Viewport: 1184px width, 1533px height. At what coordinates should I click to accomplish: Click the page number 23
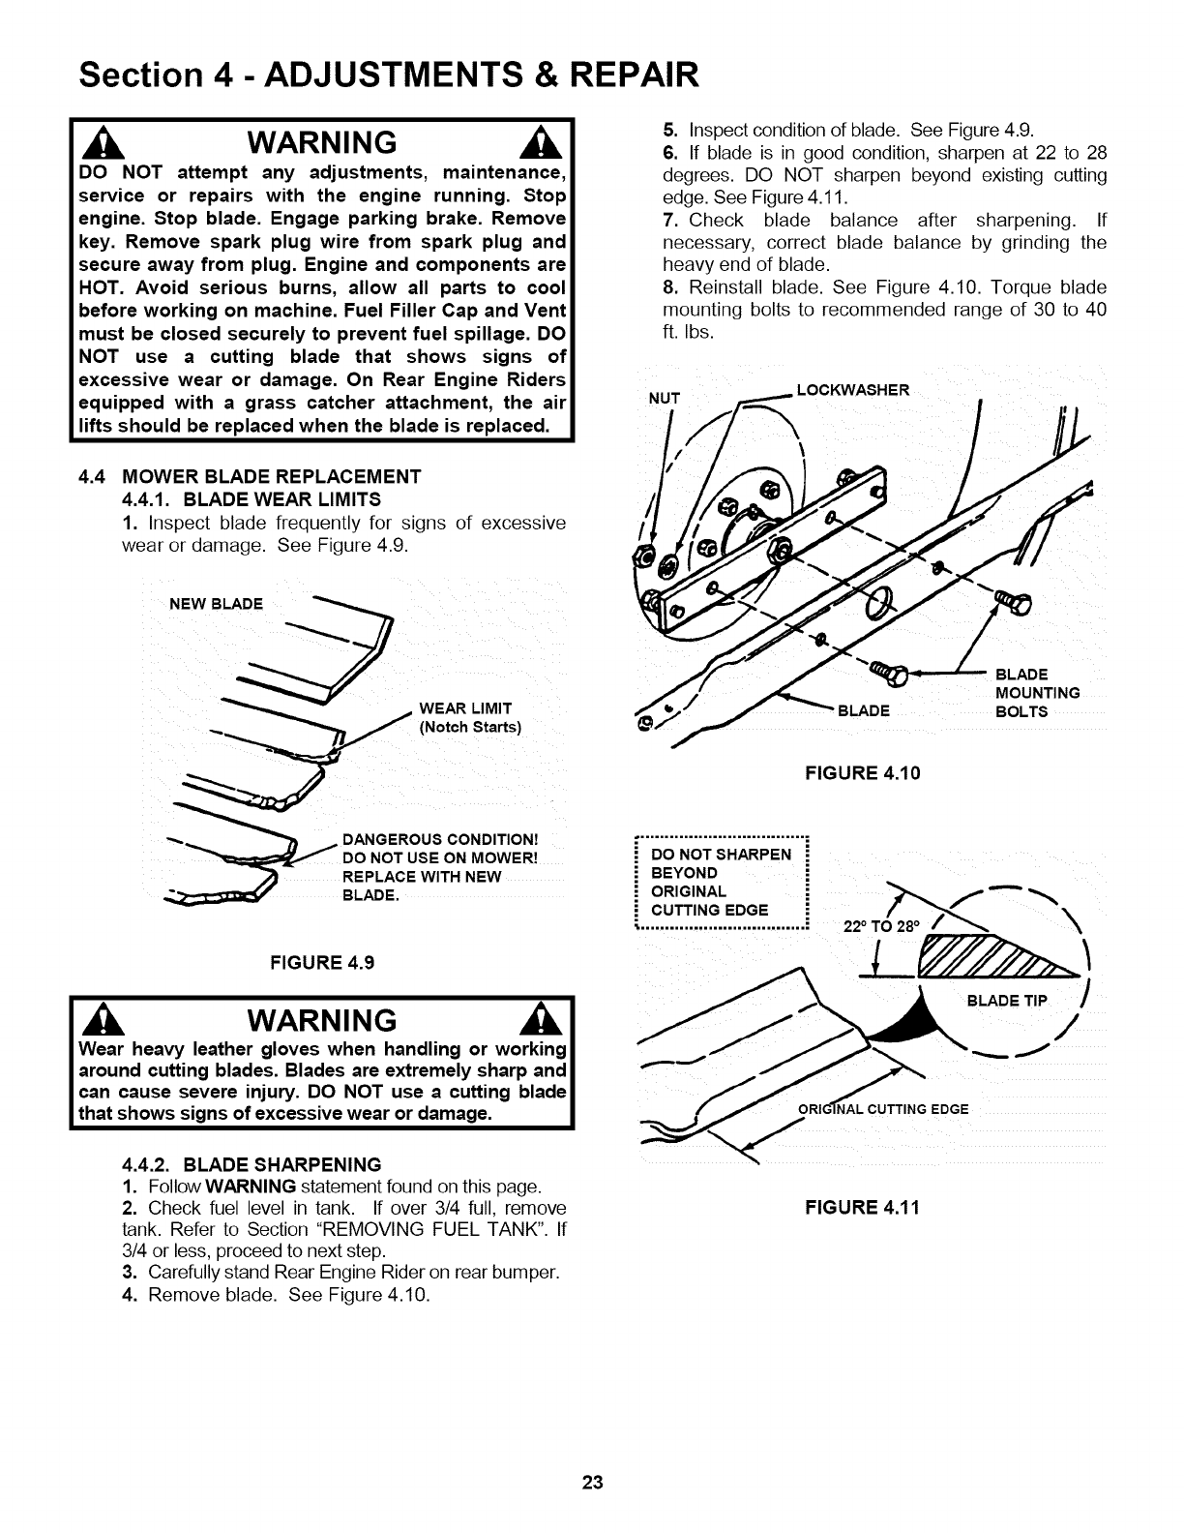tap(592, 1484)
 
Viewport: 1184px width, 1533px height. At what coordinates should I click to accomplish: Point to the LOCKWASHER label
tap(851, 390)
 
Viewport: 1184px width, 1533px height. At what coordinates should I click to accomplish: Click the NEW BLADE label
tap(216, 605)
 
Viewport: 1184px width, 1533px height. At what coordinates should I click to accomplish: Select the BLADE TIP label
tap(1007, 1002)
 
